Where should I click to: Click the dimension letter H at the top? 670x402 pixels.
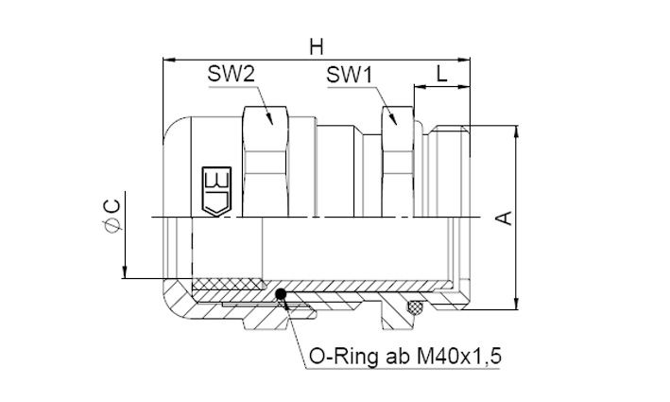(317, 46)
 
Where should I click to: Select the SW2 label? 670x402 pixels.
(232, 74)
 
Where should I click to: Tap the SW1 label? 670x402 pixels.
(350, 75)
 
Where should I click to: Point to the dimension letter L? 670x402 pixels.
(442, 74)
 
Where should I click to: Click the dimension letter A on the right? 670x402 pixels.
(505, 218)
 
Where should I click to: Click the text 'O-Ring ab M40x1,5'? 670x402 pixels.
(404, 357)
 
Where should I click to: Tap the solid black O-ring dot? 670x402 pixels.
(281, 294)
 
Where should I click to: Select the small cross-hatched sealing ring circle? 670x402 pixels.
(414, 306)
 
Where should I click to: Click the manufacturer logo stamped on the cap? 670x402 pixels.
(216, 191)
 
